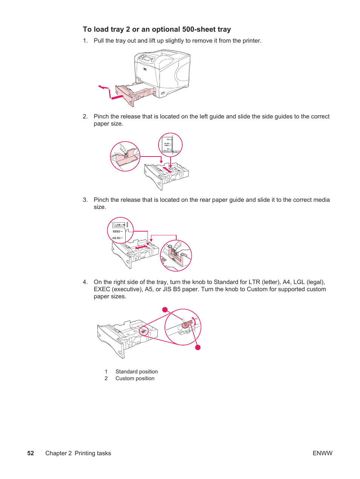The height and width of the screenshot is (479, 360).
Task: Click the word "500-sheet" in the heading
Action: (199, 29)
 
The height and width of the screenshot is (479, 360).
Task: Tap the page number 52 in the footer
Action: (31, 453)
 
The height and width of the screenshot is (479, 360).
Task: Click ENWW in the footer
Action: (322, 453)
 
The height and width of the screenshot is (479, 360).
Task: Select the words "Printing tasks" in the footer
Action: (93, 453)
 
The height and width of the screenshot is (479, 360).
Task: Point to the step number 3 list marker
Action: (85, 200)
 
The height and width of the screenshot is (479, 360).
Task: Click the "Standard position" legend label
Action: (137, 372)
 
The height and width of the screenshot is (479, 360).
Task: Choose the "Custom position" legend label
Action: (135, 378)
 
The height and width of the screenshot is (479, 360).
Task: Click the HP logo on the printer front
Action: (145, 69)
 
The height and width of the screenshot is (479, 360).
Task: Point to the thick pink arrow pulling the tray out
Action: (117, 97)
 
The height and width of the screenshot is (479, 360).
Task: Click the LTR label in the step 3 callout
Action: (118, 225)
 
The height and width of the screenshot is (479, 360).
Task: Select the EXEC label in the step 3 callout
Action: (117, 232)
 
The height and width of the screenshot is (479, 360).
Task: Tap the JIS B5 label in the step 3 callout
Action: (116, 238)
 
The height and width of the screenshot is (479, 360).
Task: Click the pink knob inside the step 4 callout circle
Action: (186, 325)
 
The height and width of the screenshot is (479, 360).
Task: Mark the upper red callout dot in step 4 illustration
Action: (165, 310)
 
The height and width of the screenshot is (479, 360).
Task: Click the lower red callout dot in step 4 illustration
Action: (198, 347)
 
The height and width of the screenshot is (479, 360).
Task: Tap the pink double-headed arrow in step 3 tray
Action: (142, 247)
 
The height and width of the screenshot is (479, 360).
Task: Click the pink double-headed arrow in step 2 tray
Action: (167, 170)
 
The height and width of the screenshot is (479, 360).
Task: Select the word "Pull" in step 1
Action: (99, 41)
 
